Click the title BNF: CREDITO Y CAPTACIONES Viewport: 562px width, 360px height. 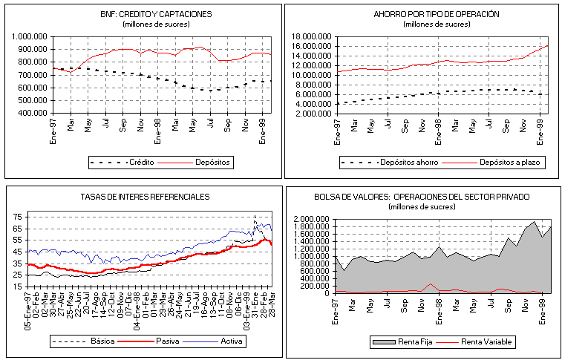pyautogui.click(x=145, y=14)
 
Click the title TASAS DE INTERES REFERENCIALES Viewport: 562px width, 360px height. pyautogui.click(x=145, y=197)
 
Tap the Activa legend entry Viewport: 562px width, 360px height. pyautogui.click(x=230, y=342)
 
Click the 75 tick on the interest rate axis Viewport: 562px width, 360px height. pyautogui.click(x=18, y=216)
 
